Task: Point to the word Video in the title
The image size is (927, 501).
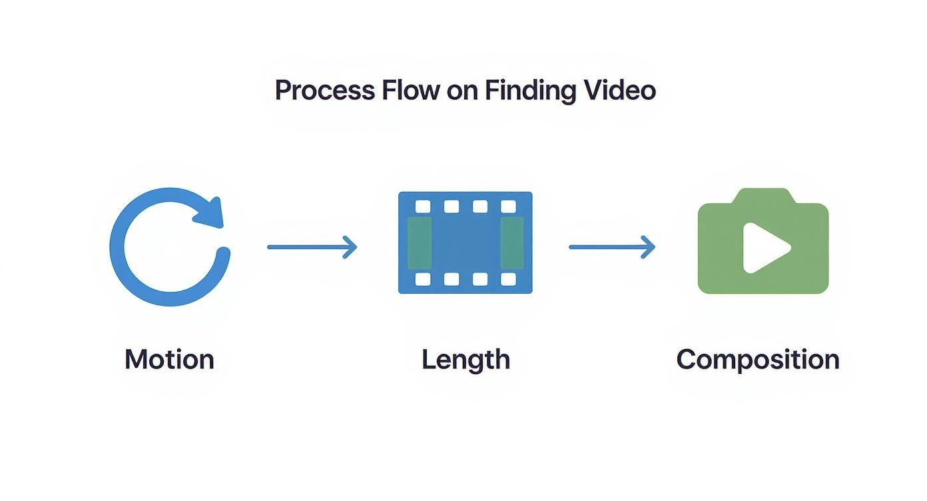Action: [627, 90]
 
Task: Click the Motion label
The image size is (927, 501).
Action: [169, 359]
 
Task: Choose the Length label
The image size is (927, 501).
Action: [465, 360]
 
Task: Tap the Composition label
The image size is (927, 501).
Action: [758, 359]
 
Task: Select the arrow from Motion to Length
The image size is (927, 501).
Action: [312, 247]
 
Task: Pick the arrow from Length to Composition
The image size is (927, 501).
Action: [612, 247]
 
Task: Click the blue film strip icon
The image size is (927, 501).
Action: [465, 243]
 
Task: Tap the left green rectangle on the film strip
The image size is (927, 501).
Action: [420, 243]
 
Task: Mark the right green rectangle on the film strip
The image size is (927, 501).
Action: [511, 243]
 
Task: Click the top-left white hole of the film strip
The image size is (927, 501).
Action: [422, 207]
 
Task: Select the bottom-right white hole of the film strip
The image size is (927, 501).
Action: [509, 279]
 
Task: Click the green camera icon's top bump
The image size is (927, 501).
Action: [763, 197]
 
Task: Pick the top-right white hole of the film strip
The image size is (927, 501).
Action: [509, 207]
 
